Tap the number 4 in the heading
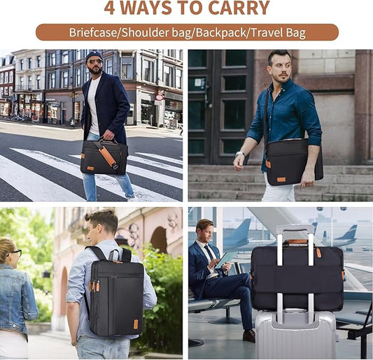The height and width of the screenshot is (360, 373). coord(111,8)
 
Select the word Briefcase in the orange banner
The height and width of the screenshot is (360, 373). coord(94,32)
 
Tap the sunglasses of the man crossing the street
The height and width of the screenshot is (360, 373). coord(95,62)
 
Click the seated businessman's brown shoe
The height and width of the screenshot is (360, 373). coord(248,336)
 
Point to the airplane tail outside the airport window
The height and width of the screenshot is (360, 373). coord(349,233)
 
